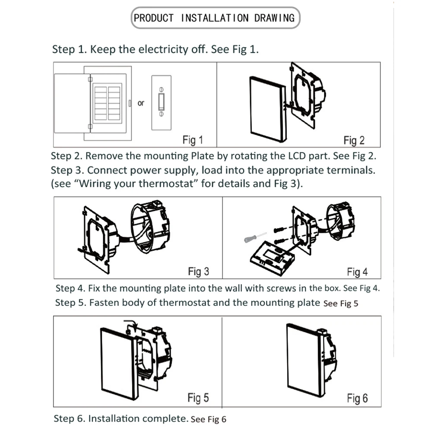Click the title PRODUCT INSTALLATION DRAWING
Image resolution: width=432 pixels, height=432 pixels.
pos(214,18)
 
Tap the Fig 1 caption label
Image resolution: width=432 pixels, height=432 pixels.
pos(193,140)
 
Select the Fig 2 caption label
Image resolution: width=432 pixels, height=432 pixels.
pos(354,140)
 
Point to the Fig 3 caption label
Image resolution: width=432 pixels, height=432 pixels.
pos(198,271)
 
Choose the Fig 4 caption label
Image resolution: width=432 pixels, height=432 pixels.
pos(357,272)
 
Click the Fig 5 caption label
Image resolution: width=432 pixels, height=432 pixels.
pos(198,397)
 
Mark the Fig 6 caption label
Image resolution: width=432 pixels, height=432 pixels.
pos(357,398)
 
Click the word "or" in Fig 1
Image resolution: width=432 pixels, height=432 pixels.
pos(141,103)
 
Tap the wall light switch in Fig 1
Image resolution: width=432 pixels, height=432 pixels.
pos(162,103)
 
